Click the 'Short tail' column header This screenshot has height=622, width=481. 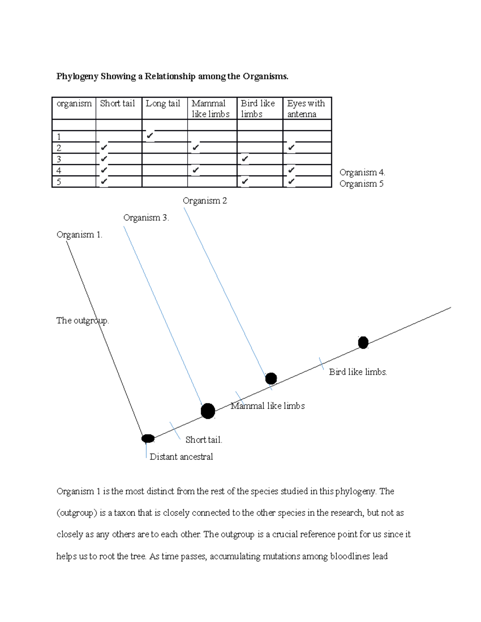[117, 103]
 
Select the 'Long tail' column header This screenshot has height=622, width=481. [163, 103]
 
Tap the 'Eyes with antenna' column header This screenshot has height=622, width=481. [306, 109]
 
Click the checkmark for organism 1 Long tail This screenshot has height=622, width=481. [150, 136]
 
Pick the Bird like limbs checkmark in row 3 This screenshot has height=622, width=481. [245, 159]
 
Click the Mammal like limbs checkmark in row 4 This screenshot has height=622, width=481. [196, 170]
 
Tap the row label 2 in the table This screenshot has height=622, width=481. [59, 148]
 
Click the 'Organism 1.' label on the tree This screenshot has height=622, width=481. [79, 235]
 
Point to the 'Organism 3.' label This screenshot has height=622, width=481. [146, 218]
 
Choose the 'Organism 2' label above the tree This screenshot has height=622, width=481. [205, 201]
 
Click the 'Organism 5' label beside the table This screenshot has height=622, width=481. [362, 184]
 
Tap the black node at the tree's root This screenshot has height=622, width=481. [148, 439]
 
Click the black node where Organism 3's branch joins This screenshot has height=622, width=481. [208, 411]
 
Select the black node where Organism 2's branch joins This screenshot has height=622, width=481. [271, 378]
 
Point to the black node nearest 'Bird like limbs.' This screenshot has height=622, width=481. [363, 343]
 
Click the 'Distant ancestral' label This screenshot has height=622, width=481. [181, 457]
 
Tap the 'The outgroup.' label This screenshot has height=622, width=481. [83, 320]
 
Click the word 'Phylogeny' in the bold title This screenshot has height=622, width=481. [77, 76]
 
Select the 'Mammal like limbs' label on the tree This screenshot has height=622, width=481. [268, 406]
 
